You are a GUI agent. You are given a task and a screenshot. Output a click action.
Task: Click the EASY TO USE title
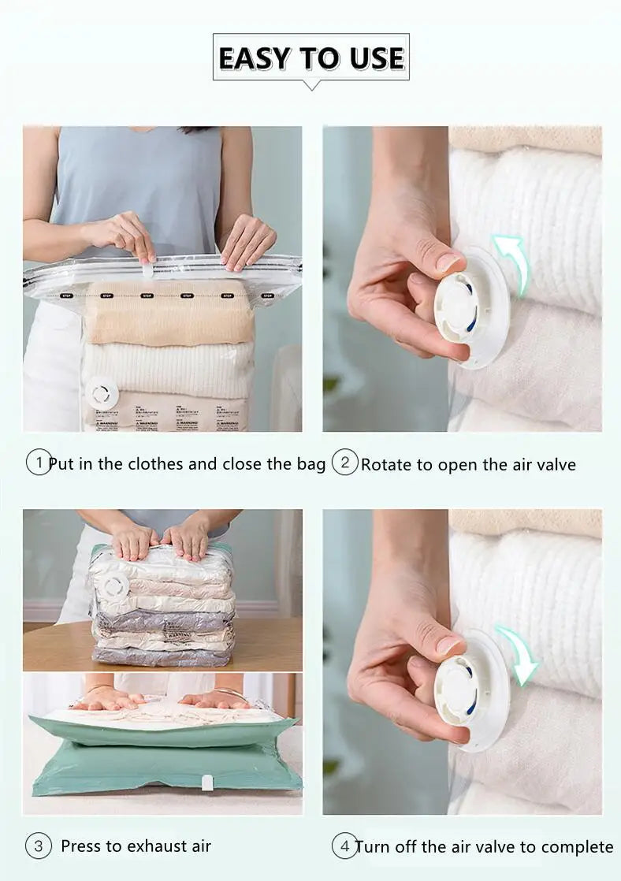(x=310, y=58)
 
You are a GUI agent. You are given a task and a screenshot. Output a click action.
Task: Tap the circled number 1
(x=38, y=463)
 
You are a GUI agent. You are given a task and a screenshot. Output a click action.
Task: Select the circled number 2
(x=344, y=463)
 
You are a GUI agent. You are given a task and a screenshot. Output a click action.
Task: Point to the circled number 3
(x=38, y=846)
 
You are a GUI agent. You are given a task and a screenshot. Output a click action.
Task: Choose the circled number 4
(x=343, y=846)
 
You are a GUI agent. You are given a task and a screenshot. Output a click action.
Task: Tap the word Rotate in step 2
(x=386, y=464)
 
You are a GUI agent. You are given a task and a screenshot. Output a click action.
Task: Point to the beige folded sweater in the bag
(x=169, y=313)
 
